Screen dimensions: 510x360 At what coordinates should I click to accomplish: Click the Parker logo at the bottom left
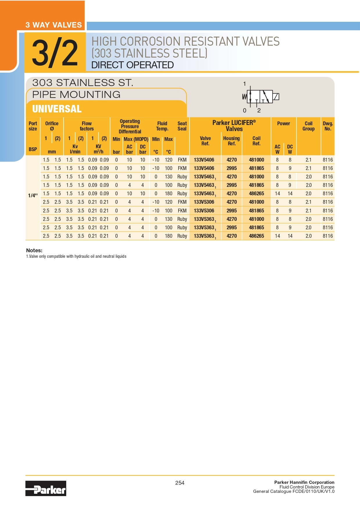[46, 488]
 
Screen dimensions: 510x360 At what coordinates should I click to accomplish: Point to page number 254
[180, 483]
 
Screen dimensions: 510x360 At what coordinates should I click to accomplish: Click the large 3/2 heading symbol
[55, 53]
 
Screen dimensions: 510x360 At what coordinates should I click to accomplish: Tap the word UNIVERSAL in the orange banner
[57, 109]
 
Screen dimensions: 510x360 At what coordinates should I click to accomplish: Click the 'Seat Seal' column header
[182, 126]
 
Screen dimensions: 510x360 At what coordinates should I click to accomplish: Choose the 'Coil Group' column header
[308, 126]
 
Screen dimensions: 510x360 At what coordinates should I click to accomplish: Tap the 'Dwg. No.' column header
[328, 126]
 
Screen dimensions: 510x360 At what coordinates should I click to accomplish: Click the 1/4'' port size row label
[33, 195]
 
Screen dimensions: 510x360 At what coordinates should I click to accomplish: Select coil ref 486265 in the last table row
[256, 236]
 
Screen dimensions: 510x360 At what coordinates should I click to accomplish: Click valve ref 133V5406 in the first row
[204, 160]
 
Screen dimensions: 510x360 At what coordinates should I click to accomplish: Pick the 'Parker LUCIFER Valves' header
[234, 126]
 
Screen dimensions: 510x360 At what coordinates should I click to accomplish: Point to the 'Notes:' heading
[34, 250]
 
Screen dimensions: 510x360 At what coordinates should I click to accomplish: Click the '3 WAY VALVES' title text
[54, 25]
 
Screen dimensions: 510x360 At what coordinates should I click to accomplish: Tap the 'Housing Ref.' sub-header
[231, 141]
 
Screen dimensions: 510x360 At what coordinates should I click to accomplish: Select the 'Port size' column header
[33, 126]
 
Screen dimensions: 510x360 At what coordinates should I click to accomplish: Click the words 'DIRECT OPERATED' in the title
[132, 65]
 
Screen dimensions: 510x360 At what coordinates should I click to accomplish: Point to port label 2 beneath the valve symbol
[259, 110]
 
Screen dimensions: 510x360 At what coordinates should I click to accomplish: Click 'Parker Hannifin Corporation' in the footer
[304, 482]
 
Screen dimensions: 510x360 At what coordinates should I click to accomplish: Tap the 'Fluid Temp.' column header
[162, 126]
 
